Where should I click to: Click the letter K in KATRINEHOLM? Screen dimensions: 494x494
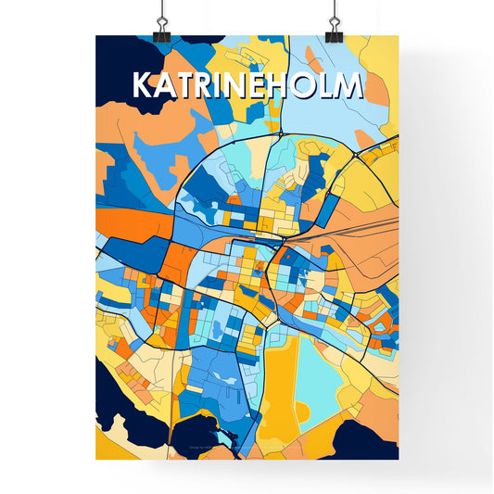pos(144,85)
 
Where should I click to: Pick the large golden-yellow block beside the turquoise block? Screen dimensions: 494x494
pos(278,389)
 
